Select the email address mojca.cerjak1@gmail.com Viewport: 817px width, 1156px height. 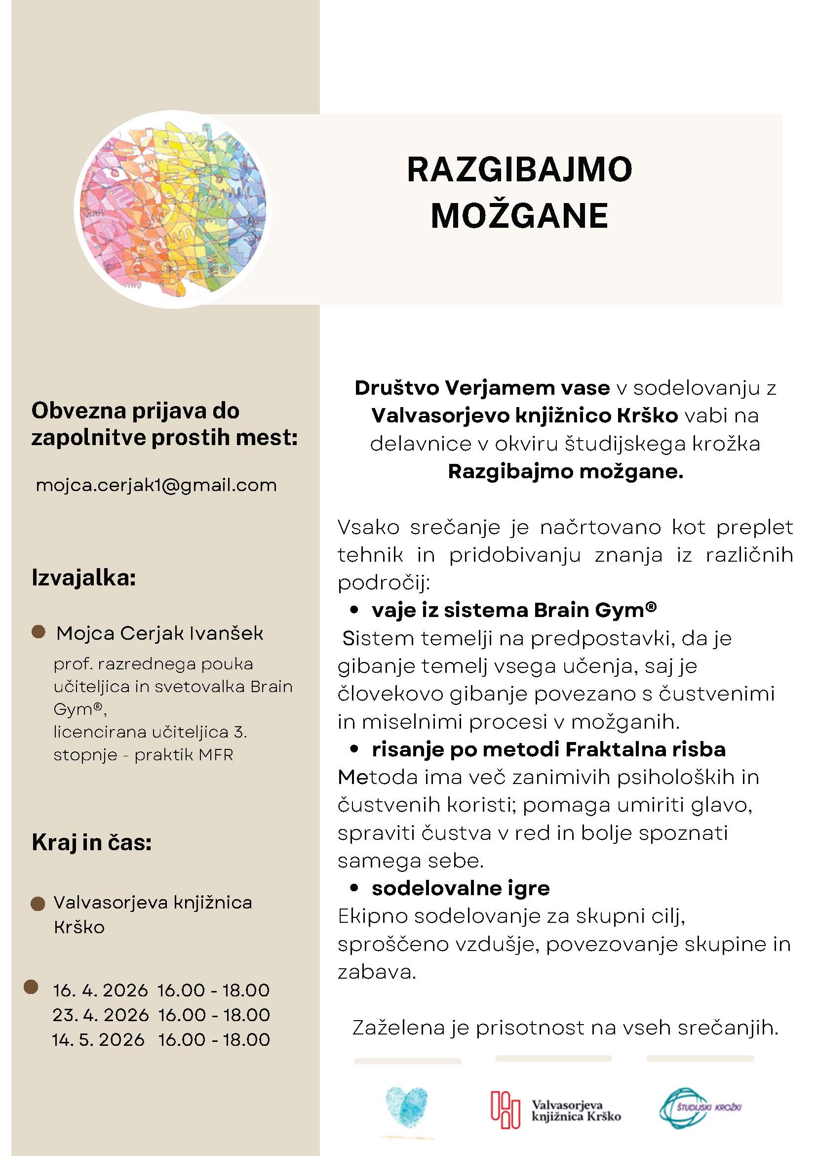[x=156, y=485]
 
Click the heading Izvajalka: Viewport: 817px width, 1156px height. [x=83, y=578]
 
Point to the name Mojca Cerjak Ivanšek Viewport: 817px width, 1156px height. [x=159, y=633]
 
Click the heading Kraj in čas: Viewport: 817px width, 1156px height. [x=91, y=842]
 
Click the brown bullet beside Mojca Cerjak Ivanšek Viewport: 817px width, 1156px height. [x=38, y=632]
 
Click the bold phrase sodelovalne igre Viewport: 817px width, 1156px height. [x=460, y=888]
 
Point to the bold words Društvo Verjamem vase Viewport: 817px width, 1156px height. [x=482, y=388]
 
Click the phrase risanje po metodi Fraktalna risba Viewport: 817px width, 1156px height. [x=548, y=749]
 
